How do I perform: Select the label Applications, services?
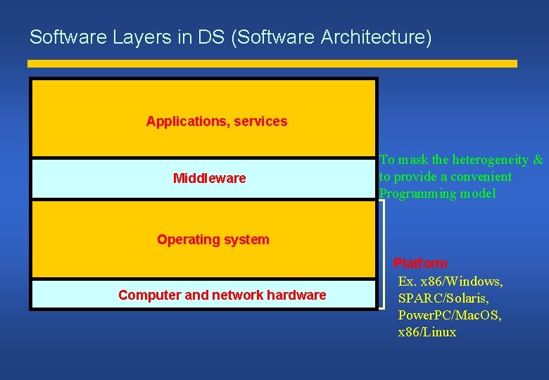click(x=217, y=121)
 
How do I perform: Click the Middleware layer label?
click(x=209, y=178)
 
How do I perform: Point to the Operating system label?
click(x=213, y=239)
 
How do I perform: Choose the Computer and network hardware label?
click(x=222, y=295)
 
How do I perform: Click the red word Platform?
click(x=420, y=263)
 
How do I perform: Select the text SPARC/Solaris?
click(x=443, y=298)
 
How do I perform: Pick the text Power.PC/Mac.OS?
click(x=450, y=315)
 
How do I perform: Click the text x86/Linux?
click(x=427, y=332)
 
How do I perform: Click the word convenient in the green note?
click(x=482, y=177)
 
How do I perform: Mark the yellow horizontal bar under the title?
click(x=272, y=63)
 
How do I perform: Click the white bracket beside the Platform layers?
click(x=382, y=253)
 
